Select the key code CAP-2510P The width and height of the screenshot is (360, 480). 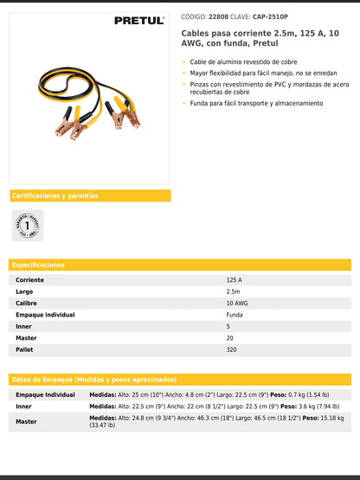[x=271, y=16]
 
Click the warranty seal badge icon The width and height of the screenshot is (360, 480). [x=27, y=226]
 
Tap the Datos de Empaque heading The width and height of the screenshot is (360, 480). [x=94, y=380]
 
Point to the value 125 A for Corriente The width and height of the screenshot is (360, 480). [x=235, y=280]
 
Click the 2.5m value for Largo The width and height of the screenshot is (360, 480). [x=234, y=292]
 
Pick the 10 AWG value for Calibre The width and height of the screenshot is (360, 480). [x=237, y=304]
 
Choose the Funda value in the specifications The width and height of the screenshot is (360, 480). [x=235, y=315]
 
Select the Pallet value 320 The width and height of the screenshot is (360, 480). [x=231, y=349]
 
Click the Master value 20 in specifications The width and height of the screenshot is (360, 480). [x=229, y=338]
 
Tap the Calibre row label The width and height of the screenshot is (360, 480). [x=29, y=304]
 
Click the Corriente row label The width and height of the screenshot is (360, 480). [x=30, y=280]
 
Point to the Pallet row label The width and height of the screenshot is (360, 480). [x=26, y=349]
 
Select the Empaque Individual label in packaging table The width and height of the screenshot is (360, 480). [x=46, y=394]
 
